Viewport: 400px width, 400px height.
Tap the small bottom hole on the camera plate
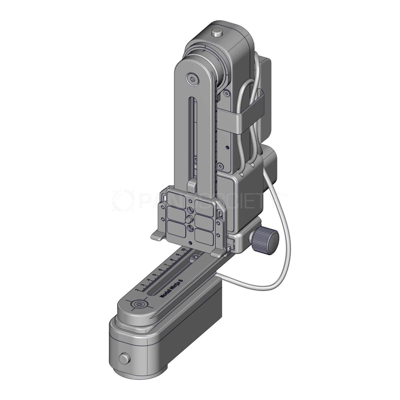191,243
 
